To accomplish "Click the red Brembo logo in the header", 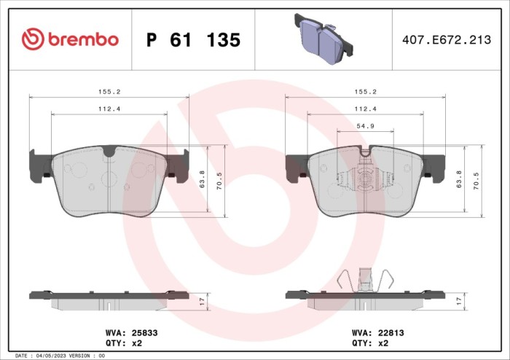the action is [70, 39].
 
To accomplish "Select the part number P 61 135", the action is [193, 40].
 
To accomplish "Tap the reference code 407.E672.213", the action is [447, 39].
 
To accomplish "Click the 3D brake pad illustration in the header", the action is [323, 39].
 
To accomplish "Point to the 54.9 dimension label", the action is [365, 126].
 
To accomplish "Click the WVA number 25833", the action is [144, 333].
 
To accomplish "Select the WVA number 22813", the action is [391, 333].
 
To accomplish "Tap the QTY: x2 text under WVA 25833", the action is [124, 343].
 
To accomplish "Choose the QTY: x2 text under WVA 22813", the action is [370, 343].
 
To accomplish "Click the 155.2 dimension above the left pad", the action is [109, 92].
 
